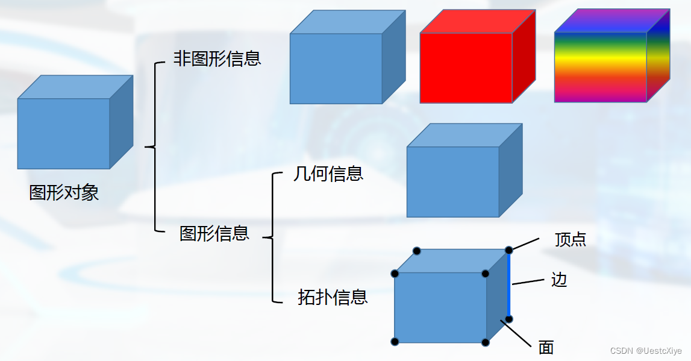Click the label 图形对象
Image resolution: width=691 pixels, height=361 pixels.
click(64, 193)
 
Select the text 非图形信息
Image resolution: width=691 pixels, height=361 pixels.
click(217, 58)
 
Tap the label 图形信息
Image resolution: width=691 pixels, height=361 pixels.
click(214, 234)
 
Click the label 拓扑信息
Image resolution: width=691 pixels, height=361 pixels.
click(332, 297)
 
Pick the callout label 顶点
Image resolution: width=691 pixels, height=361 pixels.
click(570, 240)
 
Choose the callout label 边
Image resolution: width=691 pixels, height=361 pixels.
click(559, 280)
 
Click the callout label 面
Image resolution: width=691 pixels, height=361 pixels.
click(546, 347)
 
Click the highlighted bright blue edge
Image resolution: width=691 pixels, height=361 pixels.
click(509, 284)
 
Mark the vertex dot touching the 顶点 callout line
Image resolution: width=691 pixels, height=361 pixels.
click(509, 250)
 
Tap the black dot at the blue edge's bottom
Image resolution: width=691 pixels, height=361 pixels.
click(509, 319)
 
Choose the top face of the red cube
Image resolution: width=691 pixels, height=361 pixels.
click(476, 22)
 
